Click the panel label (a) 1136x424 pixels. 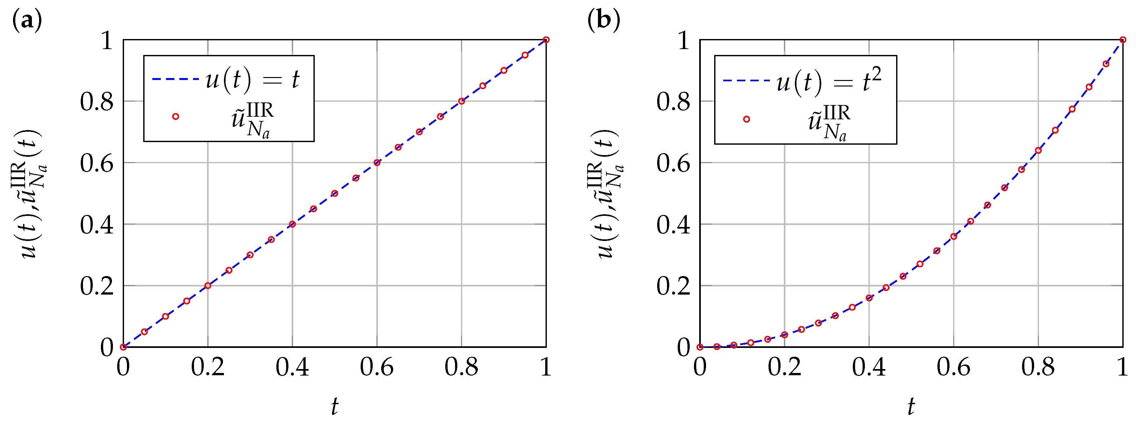click(x=27, y=20)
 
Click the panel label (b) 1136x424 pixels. click(x=603, y=20)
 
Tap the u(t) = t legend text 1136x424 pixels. click(x=252, y=80)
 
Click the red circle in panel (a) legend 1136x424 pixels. click(x=175, y=116)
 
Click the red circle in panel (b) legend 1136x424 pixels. click(x=747, y=119)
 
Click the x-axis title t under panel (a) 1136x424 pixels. click(x=335, y=406)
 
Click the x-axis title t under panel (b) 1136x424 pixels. click(x=911, y=406)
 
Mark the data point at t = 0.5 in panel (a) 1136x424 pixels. click(x=335, y=193)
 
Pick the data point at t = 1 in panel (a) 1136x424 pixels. click(x=546, y=40)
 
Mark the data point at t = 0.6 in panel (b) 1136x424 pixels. click(x=953, y=237)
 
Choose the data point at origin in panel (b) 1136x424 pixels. click(x=700, y=347)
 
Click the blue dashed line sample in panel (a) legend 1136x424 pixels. click(x=175, y=80)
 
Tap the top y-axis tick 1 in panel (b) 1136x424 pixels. click(x=683, y=41)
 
